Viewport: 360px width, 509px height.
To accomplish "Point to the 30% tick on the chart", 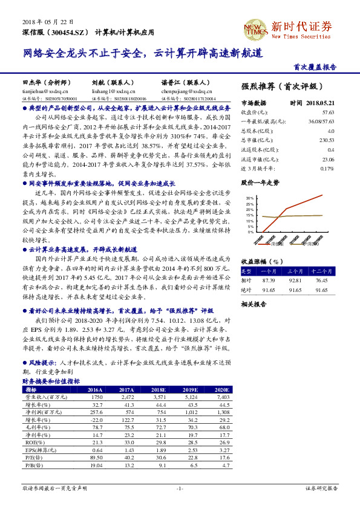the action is pyautogui.click(x=250, y=198).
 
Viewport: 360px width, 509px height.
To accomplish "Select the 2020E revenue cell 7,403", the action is pyautogui.click(x=221, y=397).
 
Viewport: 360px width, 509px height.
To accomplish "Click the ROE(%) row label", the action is pyautogui.click(x=33, y=443).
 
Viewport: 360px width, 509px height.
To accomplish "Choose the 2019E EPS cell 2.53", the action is pyautogui.click(x=190, y=450).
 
